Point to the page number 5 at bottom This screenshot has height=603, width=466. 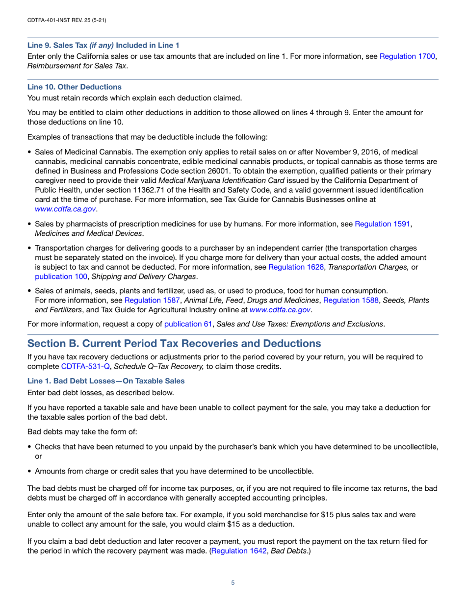tap(233, 583)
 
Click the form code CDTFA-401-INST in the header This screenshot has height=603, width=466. tap(50, 20)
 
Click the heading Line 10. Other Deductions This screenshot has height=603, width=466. tap(74, 87)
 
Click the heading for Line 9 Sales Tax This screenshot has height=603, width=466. tap(103, 45)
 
